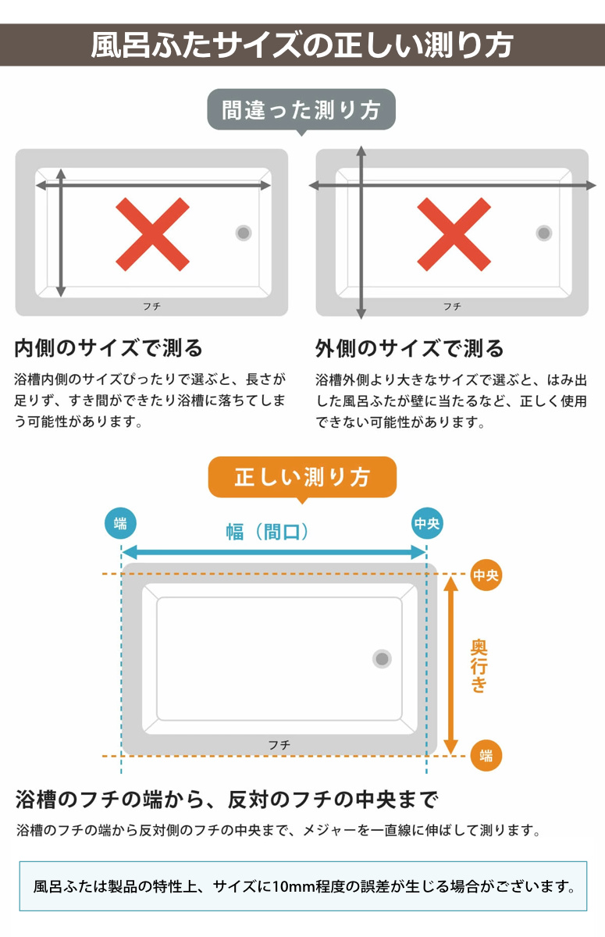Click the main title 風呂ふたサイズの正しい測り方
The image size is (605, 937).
pyautogui.click(x=302, y=45)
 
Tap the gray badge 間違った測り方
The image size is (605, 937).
pyautogui.click(x=301, y=110)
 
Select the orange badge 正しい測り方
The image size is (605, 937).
pyautogui.click(x=302, y=477)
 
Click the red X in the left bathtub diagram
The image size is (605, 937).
pyautogui.click(x=152, y=233)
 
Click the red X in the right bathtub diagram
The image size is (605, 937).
pyautogui.click(x=454, y=233)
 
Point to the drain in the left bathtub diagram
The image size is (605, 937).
pyautogui.click(x=244, y=233)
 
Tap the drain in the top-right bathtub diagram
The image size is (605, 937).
pyautogui.click(x=544, y=233)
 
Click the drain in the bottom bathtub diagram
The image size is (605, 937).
pyautogui.click(x=382, y=659)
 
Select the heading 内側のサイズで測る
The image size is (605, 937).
pyautogui.click(x=109, y=347)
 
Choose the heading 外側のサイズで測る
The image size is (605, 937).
pyautogui.click(x=410, y=347)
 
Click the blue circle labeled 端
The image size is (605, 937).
pyautogui.click(x=120, y=524)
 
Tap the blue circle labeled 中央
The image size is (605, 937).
pyautogui.click(x=427, y=524)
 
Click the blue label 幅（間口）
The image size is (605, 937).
pyautogui.click(x=272, y=533)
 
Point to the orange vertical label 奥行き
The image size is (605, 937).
pyautogui.click(x=479, y=666)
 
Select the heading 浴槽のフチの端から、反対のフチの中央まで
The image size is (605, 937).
pyautogui.click(x=227, y=800)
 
